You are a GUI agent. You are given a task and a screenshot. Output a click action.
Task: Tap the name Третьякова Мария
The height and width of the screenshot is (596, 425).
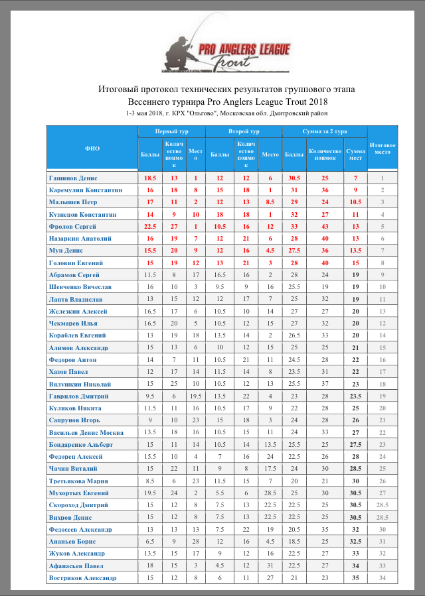point(78,481)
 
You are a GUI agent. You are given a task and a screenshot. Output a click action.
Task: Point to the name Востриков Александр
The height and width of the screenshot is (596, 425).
point(82,578)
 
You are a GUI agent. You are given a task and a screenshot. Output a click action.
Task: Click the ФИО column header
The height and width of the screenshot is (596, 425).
point(92,149)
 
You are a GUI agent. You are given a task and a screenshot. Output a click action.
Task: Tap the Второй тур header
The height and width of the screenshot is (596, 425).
point(244,132)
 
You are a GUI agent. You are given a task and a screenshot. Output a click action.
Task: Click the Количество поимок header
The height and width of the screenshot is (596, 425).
point(325,154)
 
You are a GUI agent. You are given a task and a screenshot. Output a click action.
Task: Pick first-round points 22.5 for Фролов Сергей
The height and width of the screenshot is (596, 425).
point(150,226)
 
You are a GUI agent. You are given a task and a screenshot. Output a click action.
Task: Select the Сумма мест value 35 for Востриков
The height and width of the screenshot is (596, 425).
point(356,578)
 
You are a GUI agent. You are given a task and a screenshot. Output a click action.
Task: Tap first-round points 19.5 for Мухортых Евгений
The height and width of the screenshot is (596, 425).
point(150,493)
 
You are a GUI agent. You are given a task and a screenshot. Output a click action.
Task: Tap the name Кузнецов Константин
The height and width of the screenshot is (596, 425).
point(83,214)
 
